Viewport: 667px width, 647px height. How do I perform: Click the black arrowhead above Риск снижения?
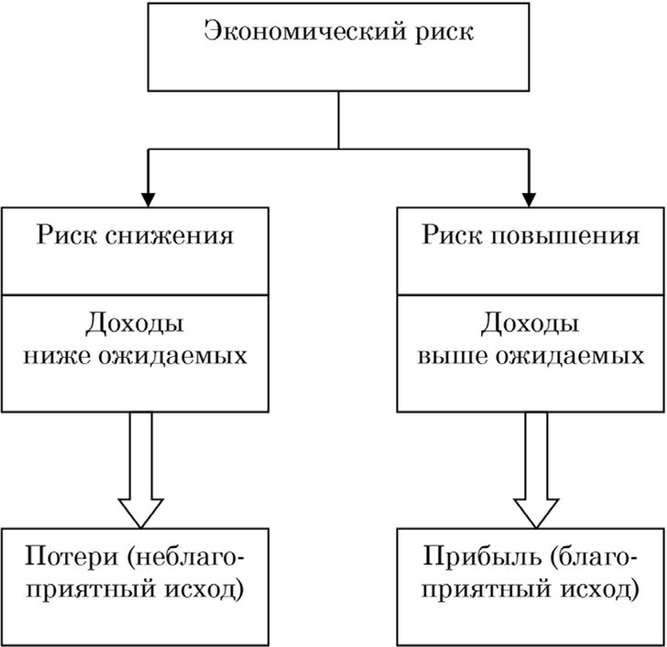144,195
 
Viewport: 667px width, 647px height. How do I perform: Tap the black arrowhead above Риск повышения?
530,195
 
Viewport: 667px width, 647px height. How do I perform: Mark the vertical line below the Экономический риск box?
340,120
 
